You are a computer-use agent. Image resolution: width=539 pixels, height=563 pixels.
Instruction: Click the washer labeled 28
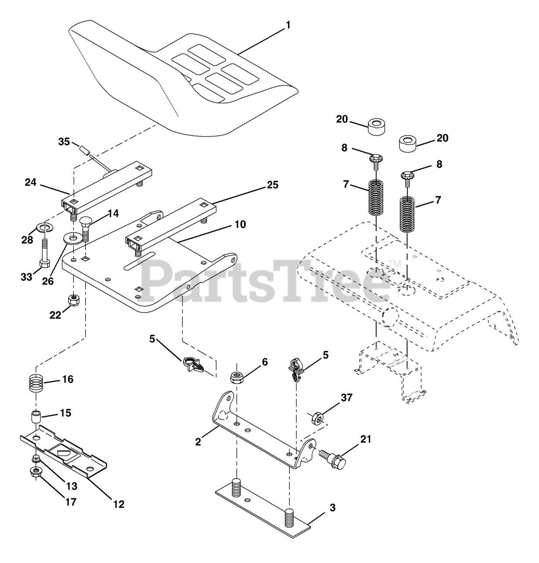(x=44, y=227)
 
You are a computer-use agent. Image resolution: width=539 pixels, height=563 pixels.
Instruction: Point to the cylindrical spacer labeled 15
(x=36, y=416)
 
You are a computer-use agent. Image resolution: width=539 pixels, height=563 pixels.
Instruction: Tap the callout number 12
(x=117, y=504)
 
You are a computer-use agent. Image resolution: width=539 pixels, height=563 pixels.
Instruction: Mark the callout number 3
(x=332, y=508)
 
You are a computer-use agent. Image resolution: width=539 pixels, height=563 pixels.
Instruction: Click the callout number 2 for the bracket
(x=198, y=442)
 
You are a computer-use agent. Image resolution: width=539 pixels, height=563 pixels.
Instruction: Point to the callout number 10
(x=240, y=224)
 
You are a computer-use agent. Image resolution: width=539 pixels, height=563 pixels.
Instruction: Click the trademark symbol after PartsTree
(x=394, y=264)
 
